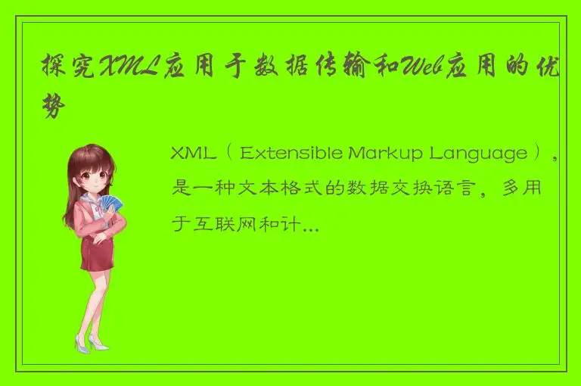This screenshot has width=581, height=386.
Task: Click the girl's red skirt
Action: tap(97, 254)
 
